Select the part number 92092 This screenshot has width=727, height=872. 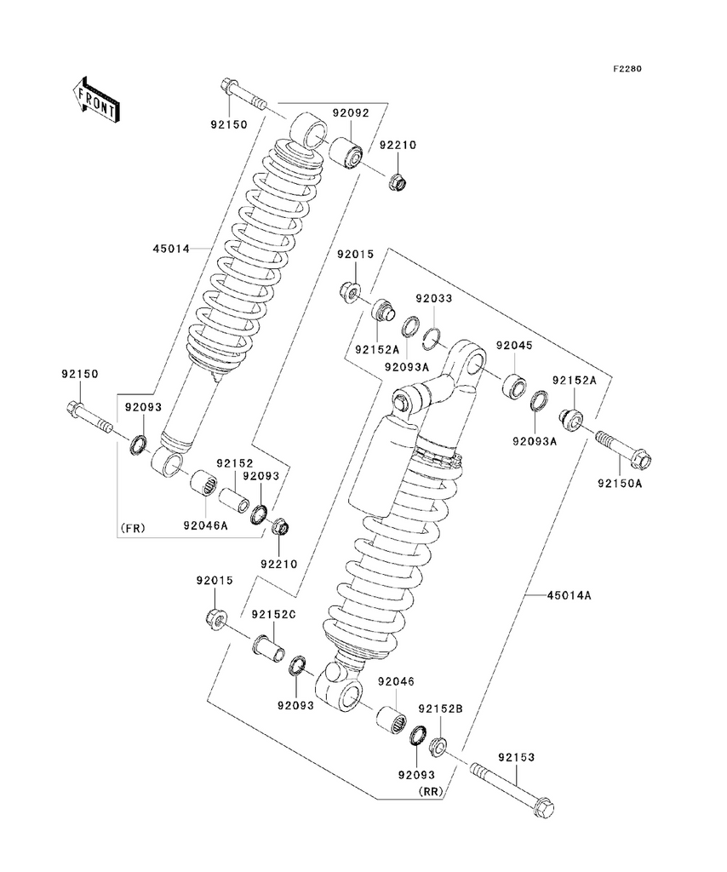350,112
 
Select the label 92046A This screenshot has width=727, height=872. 204,525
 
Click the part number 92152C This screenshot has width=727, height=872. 272,614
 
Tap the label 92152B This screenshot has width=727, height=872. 439,708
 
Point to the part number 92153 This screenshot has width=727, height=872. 516,755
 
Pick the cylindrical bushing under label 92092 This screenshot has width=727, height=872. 346,153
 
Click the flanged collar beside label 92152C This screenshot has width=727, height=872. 266,649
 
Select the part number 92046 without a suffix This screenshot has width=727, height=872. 396,681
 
